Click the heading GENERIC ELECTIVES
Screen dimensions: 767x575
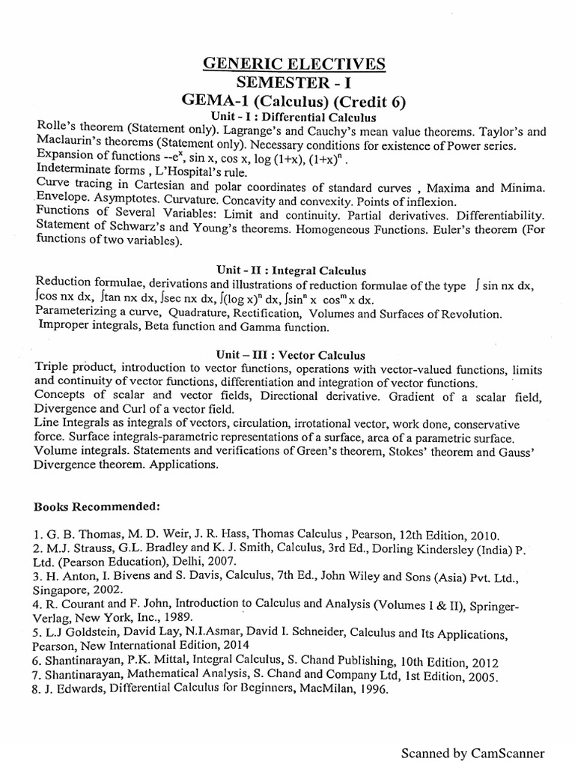point(294,65)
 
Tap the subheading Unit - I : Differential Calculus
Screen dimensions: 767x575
point(292,118)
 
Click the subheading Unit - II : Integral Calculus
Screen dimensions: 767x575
point(292,269)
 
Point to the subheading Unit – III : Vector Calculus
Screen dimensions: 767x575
point(291,354)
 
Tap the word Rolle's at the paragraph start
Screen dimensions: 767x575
point(55,130)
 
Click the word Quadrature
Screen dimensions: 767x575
point(198,312)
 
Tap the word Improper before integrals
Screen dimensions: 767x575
point(64,327)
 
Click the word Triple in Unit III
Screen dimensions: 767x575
point(52,369)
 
